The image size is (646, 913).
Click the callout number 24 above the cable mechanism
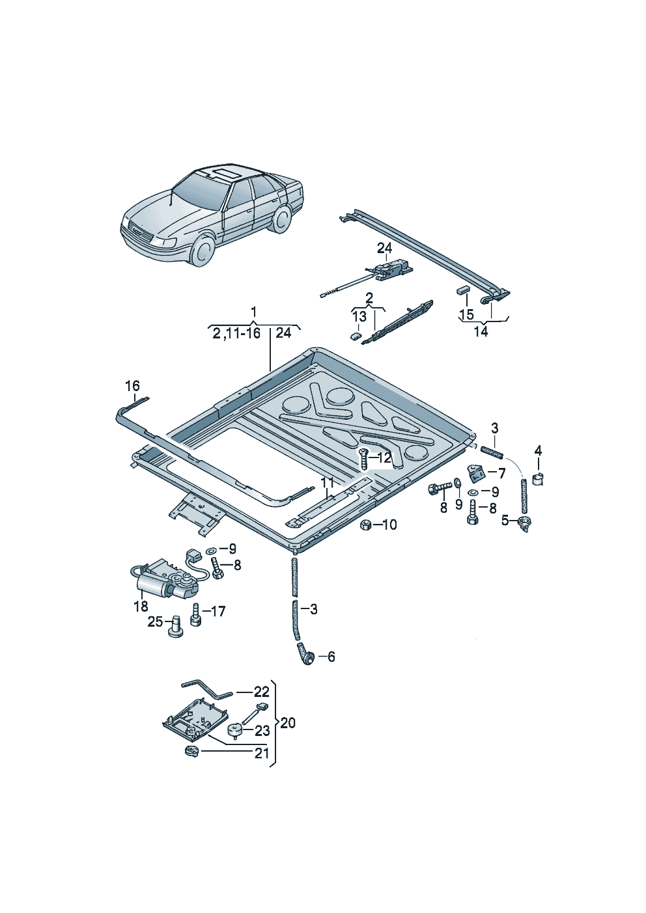(384, 248)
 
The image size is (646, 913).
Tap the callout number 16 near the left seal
(132, 386)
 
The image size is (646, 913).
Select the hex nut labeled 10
(366, 525)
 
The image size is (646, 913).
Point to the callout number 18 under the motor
(141, 606)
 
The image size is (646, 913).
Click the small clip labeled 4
(539, 479)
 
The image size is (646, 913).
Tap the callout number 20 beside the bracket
(288, 723)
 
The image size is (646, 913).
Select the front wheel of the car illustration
(203, 251)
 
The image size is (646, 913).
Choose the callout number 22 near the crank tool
(261, 692)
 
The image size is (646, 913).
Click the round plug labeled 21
(190, 752)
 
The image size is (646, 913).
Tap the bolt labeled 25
(175, 627)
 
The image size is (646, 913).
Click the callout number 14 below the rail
(481, 331)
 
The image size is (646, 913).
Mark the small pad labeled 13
(355, 336)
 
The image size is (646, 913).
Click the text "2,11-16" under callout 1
(236, 333)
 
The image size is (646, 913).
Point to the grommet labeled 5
(523, 523)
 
